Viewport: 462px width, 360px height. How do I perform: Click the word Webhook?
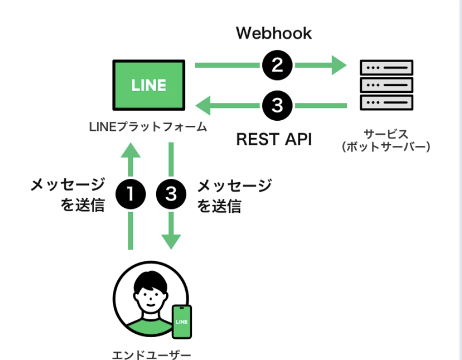(x=274, y=33)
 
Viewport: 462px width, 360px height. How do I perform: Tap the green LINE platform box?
(x=149, y=85)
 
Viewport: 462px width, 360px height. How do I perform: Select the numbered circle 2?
(x=277, y=66)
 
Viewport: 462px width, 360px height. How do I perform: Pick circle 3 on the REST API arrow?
(x=277, y=105)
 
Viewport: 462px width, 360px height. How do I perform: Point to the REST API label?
(x=274, y=139)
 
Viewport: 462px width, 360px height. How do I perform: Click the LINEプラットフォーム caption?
(x=148, y=127)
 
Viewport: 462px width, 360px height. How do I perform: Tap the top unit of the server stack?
(x=386, y=68)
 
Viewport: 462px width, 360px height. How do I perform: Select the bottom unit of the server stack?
(x=386, y=102)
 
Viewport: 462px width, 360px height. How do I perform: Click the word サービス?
(x=386, y=134)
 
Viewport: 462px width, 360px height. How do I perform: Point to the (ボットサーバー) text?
(x=386, y=148)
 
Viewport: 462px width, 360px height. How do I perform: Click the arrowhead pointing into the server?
(x=339, y=66)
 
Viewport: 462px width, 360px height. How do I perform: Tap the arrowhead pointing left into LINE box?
(x=203, y=105)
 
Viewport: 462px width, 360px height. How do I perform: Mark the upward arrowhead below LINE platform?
(x=130, y=149)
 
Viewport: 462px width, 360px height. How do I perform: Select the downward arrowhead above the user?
(x=171, y=241)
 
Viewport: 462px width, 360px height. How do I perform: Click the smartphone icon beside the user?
(x=181, y=321)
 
